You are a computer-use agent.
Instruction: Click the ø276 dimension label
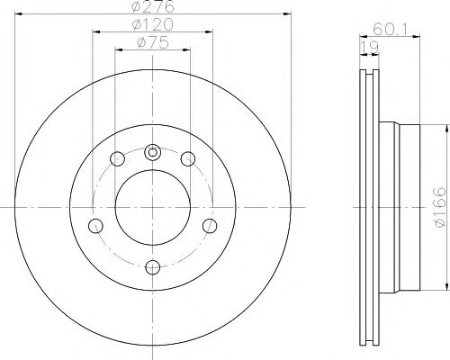pos(153,6)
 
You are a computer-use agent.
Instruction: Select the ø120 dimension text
pos(153,24)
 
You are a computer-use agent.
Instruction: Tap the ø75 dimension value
pos(153,43)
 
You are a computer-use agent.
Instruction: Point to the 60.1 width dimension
pos(390,30)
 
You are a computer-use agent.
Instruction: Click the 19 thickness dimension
pos(369,48)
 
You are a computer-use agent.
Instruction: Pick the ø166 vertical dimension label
pos(439,207)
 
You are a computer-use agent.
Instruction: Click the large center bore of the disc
pos(153,207)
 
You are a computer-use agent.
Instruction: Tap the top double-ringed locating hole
pos(153,152)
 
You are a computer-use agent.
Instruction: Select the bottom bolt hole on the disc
pos(153,267)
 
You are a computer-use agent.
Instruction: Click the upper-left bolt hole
pos(117,159)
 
